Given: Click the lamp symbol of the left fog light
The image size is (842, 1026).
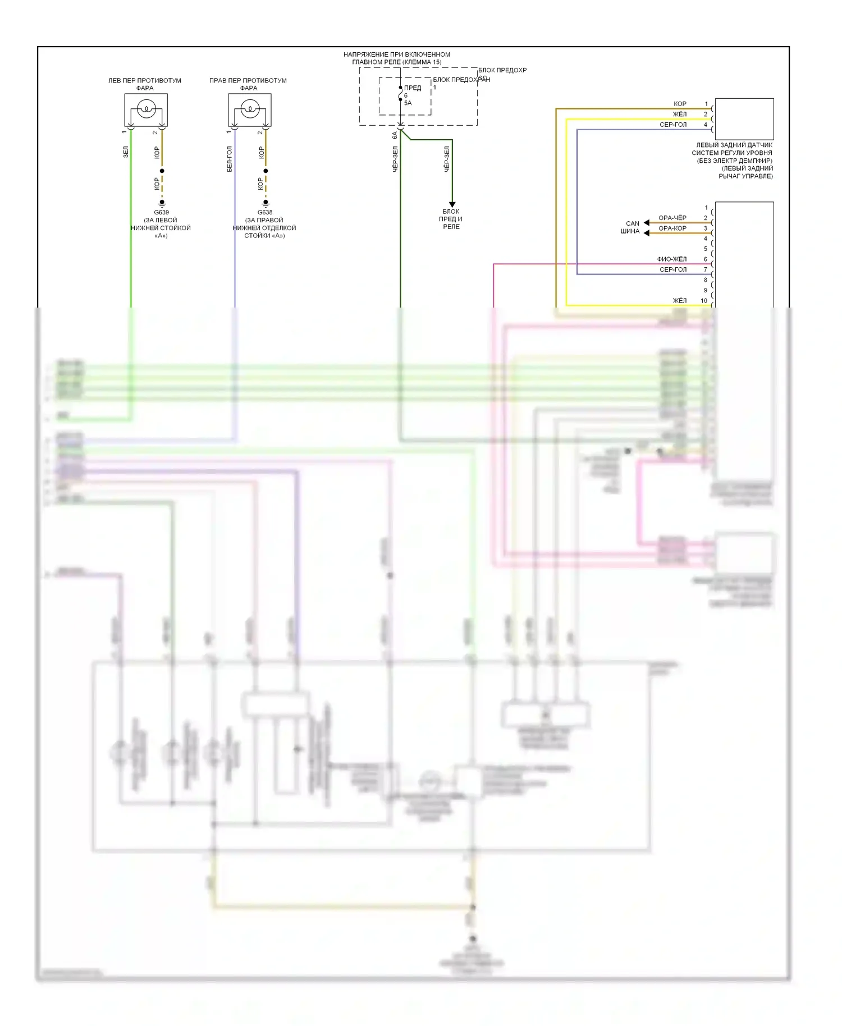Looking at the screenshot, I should [146, 108].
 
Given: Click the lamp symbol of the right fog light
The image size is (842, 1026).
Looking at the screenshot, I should [250, 108].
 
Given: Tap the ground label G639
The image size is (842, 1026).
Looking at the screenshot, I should [161, 212].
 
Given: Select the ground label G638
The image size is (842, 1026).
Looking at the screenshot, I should [265, 212].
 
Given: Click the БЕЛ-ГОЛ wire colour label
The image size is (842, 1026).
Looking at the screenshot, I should [229, 159].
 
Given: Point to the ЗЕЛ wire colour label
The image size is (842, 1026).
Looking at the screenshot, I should [126, 152].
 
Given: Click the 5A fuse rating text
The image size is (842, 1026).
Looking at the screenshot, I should [408, 103].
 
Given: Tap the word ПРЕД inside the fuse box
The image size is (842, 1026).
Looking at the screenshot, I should [413, 88].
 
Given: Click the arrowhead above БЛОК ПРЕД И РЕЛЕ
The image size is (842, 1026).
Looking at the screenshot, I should [452, 204].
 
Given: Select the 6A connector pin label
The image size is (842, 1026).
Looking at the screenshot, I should [395, 135].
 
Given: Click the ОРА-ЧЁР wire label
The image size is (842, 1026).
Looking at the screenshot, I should [672, 218].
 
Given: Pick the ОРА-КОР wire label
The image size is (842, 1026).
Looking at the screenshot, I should [672, 228].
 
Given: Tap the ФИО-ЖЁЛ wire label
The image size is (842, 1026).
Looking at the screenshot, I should [672, 259].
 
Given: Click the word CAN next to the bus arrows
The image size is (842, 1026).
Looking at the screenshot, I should [633, 223].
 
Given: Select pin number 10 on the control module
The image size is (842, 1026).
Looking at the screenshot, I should [704, 301].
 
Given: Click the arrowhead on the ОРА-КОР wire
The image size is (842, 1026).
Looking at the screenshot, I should [647, 233].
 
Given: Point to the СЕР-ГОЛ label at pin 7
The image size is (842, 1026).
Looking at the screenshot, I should [673, 269].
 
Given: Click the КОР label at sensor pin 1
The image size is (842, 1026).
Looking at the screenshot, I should [680, 104].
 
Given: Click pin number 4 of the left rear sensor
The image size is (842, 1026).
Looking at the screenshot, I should [706, 125].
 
